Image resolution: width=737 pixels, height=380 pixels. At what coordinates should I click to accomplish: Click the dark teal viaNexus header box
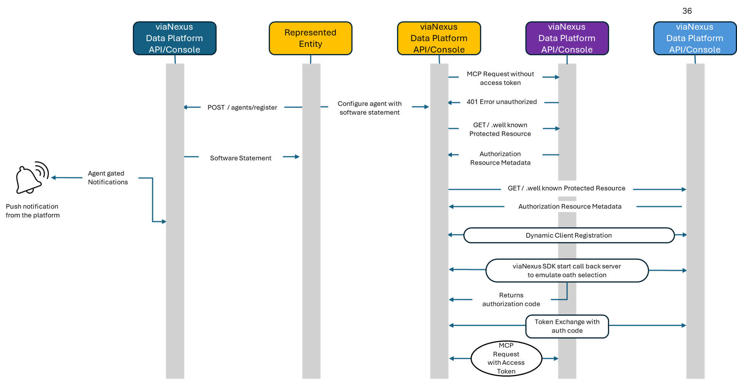pyautogui.click(x=174, y=38)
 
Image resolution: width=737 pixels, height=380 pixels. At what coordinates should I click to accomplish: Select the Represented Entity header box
pyautogui.click(x=310, y=38)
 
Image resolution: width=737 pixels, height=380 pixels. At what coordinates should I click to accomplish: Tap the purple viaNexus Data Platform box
pyautogui.click(x=566, y=38)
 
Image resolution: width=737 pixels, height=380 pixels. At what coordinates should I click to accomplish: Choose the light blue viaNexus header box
pyautogui.click(x=694, y=38)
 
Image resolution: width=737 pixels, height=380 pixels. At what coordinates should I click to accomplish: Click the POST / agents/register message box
pyautogui.click(x=242, y=108)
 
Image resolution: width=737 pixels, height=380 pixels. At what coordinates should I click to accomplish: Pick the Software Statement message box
pyautogui.click(x=241, y=158)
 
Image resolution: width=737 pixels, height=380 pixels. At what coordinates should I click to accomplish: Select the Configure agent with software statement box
pyautogui.click(x=370, y=108)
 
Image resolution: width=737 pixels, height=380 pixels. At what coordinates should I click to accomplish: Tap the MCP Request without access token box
pyautogui.click(x=500, y=78)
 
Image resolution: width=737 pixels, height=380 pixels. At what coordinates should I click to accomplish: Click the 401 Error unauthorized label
pyautogui.click(x=502, y=102)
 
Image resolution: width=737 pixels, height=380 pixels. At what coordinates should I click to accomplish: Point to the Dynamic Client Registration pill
pyautogui.click(x=568, y=235)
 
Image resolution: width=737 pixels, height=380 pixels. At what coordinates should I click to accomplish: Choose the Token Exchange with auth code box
pyautogui.click(x=567, y=326)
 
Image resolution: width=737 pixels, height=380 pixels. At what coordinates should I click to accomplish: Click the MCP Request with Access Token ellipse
pyautogui.click(x=506, y=358)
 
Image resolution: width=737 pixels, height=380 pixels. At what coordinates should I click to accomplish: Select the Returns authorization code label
pyautogui.click(x=511, y=299)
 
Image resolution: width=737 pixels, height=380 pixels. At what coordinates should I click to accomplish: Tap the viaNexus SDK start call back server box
pyautogui.click(x=566, y=270)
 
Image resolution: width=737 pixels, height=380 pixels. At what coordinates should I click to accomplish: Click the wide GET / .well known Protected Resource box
pyautogui.click(x=566, y=188)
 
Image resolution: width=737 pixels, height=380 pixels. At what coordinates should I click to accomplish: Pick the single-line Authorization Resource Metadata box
pyautogui.click(x=569, y=207)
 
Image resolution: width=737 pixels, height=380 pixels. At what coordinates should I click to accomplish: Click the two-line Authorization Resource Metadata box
pyautogui.click(x=500, y=158)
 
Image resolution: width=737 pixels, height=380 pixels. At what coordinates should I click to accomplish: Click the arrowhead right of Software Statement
pyautogui.click(x=297, y=157)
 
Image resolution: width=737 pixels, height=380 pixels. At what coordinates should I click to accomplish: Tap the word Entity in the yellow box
pyautogui.click(x=310, y=44)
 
